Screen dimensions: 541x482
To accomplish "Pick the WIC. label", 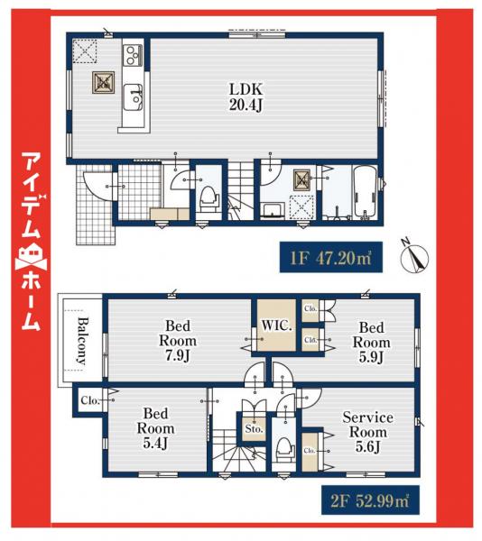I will [277, 325].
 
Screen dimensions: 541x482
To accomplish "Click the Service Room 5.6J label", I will [367, 432].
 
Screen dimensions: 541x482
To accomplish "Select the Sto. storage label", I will [254, 429].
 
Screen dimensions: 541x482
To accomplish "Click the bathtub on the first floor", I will [362, 194].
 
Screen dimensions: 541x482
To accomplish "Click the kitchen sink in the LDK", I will [133, 94].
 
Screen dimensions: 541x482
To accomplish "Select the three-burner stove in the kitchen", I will [131, 55].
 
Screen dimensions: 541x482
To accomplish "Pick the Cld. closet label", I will [311, 340].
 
